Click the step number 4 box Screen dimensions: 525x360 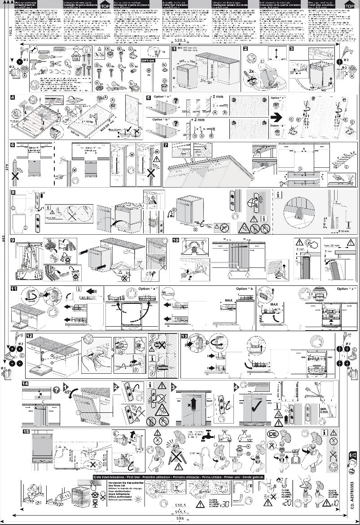tap(14, 97)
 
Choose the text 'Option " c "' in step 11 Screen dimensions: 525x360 tap(348, 289)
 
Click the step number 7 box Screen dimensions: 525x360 tap(166, 146)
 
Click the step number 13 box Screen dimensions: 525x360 tap(184, 336)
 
